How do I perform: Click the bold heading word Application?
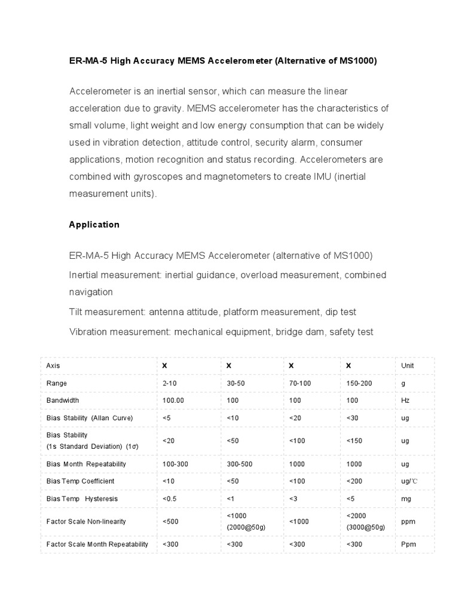point(94,225)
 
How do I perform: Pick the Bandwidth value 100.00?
point(173,400)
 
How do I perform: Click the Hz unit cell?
point(405,400)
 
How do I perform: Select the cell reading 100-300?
point(175,464)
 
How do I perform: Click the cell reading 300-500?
point(239,464)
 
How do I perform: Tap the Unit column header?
point(408,365)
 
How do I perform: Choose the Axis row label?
point(53,365)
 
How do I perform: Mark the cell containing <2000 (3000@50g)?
point(365,521)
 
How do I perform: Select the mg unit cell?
point(406,498)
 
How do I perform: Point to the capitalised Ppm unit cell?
point(408,544)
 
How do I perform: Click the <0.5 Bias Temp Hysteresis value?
point(170,498)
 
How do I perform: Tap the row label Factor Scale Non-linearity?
point(86,521)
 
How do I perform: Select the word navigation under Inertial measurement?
point(91,292)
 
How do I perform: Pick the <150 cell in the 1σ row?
point(354,440)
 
